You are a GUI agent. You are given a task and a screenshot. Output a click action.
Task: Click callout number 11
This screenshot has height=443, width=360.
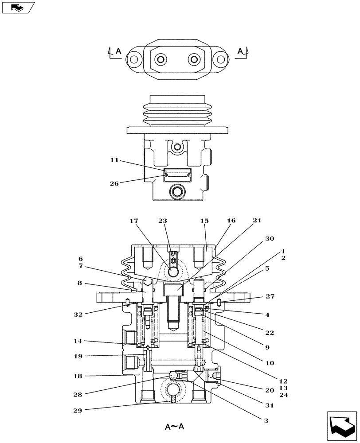(115, 160)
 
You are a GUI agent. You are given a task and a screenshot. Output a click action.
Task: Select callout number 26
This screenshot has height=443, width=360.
(114, 183)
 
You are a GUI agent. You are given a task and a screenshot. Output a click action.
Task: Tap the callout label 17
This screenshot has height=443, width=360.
(134, 220)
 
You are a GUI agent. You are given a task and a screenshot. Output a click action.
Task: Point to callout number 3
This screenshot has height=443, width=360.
(266, 420)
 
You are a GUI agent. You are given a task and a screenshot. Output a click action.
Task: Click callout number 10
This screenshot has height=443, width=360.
(270, 363)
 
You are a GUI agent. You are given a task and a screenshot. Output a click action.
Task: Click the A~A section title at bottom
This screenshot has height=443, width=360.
(175, 427)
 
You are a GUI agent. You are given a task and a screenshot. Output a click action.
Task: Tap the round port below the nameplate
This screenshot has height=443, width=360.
(177, 192)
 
